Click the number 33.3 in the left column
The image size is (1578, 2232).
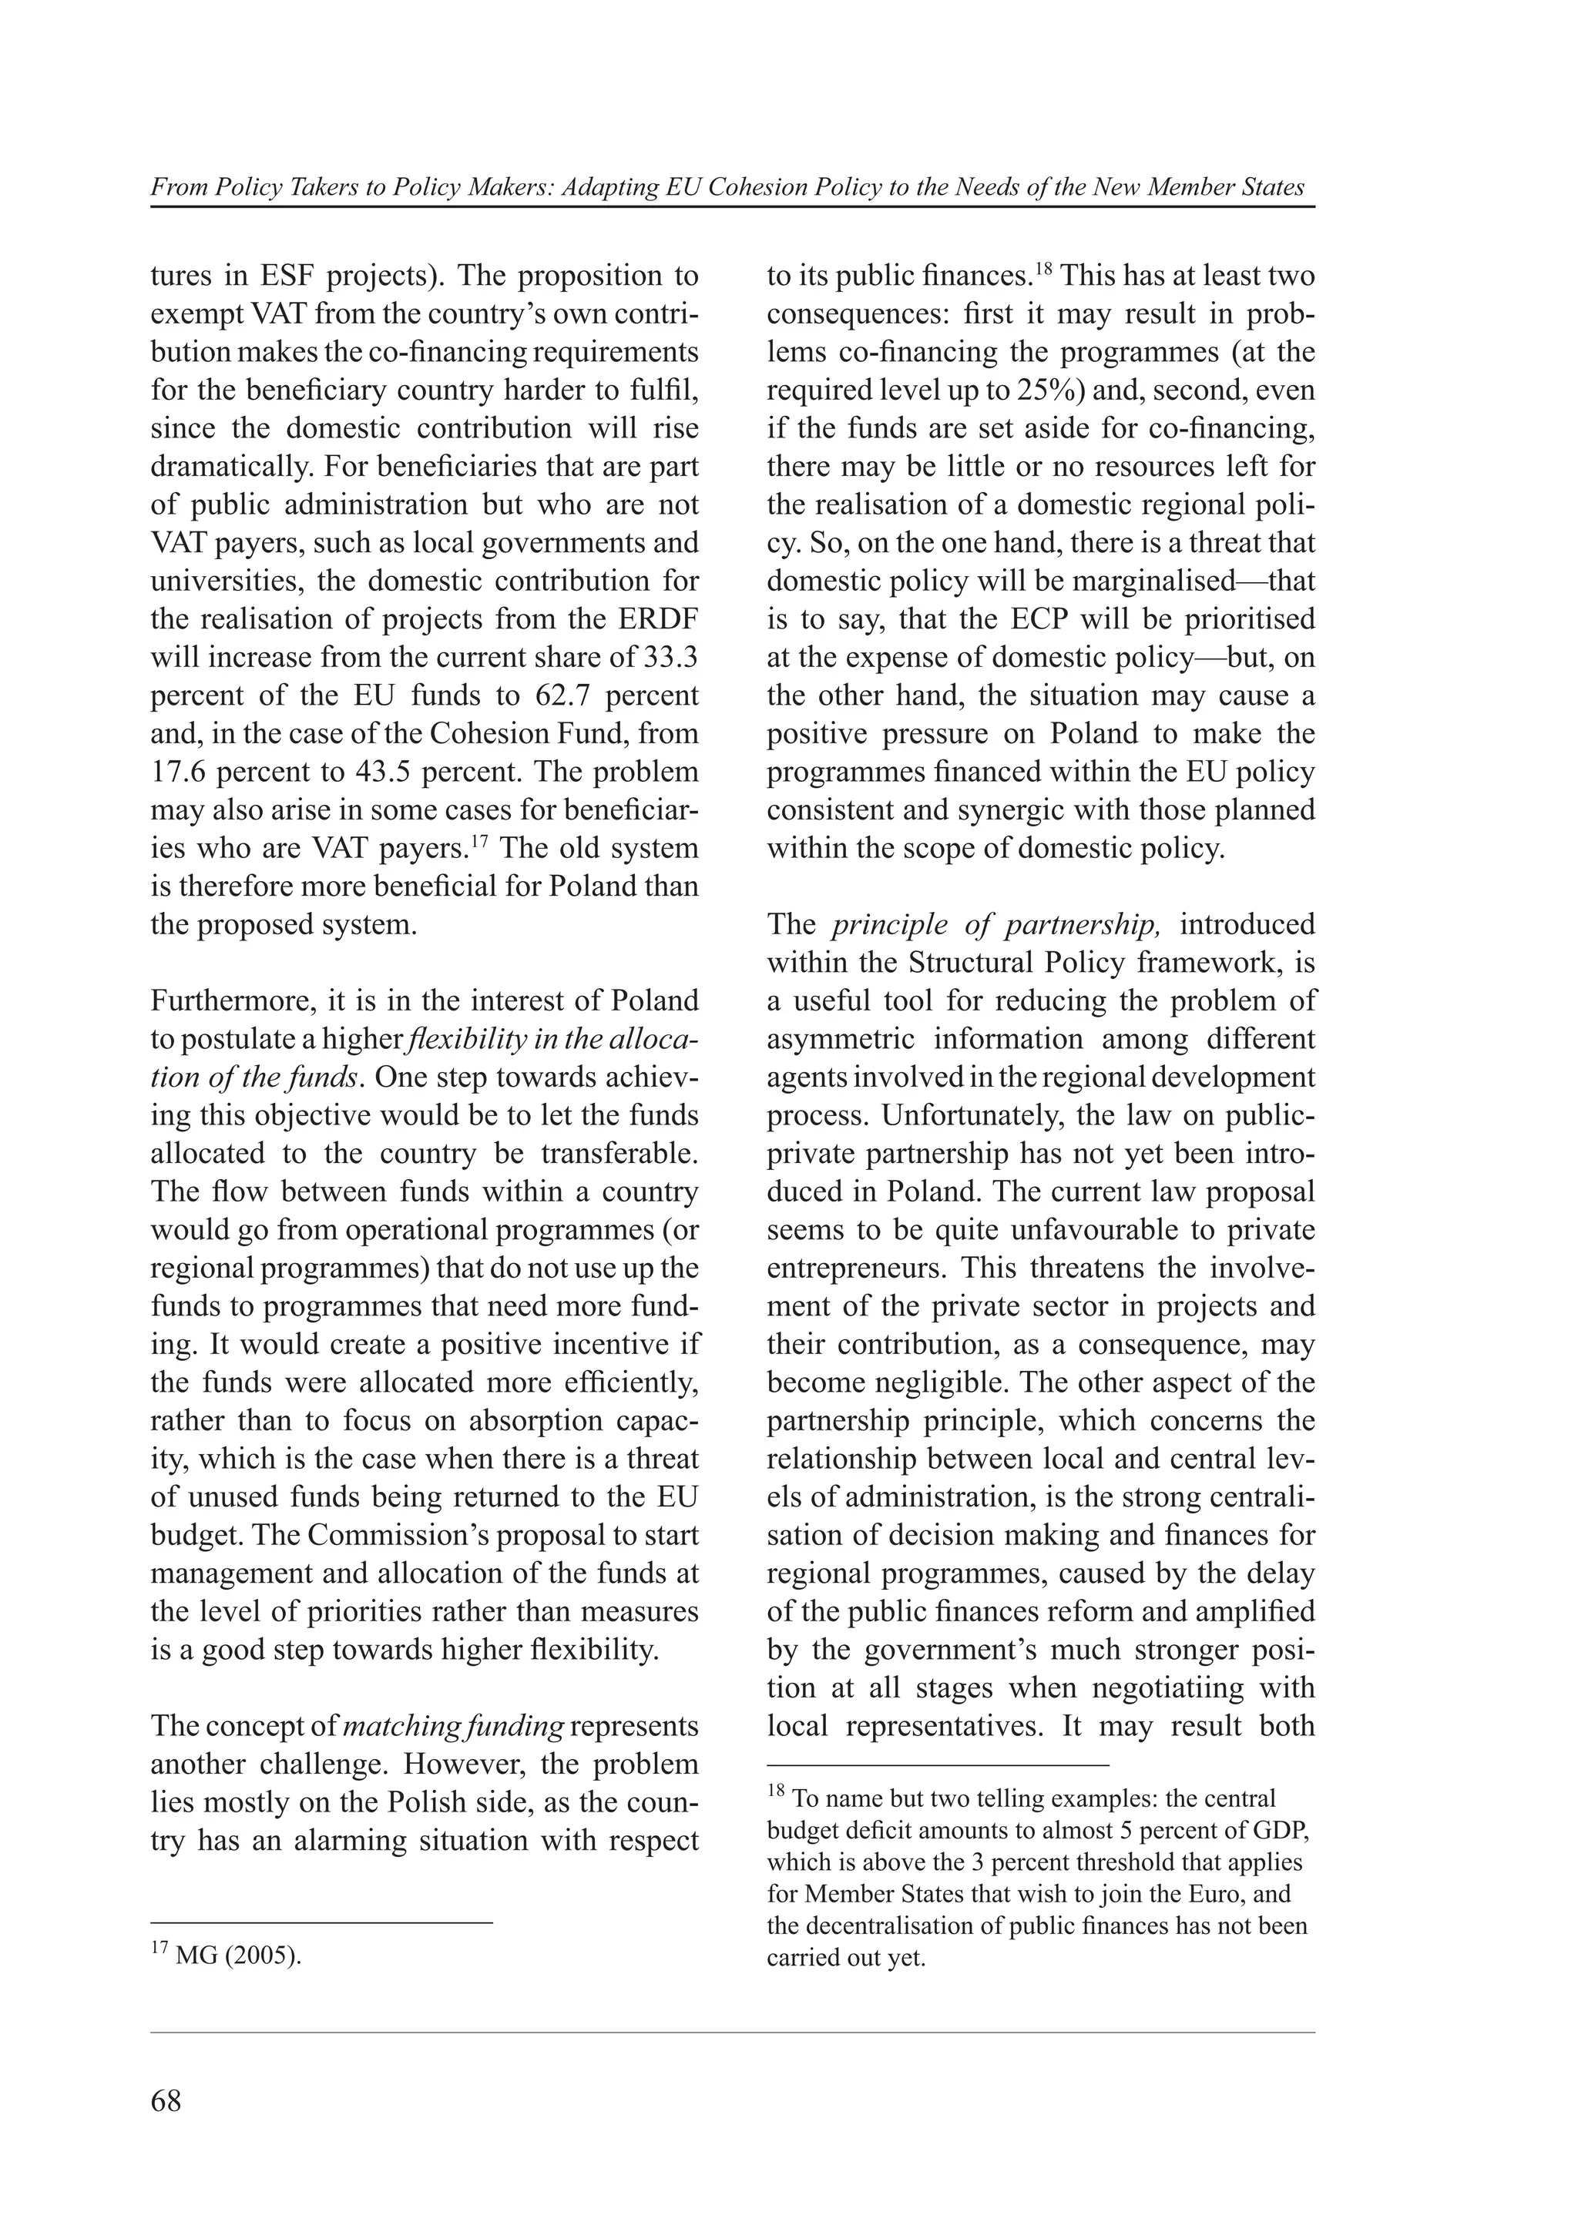click(x=671, y=657)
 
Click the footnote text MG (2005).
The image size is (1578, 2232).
click(x=238, y=1955)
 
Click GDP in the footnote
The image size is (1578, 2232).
click(x=1281, y=1831)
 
